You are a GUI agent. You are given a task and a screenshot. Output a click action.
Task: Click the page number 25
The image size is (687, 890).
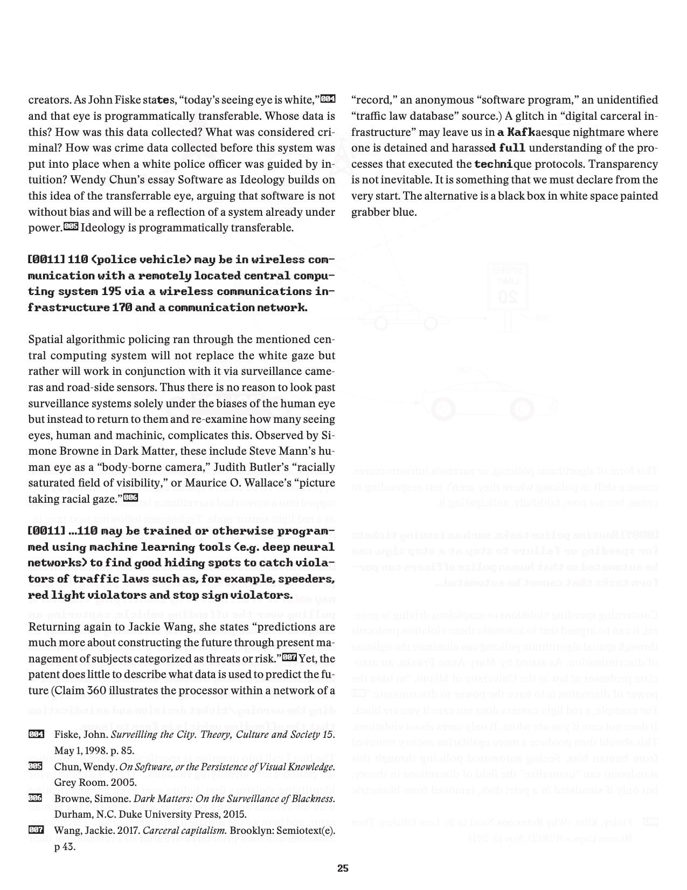[x=343, y=868]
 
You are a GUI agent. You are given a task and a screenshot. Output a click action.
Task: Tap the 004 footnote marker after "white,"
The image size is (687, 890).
[x=328, y=99]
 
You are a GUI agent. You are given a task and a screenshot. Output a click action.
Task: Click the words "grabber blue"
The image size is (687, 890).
[x=384, y=211]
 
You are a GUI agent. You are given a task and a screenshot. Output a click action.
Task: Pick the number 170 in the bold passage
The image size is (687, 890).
[x=121, y=307]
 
